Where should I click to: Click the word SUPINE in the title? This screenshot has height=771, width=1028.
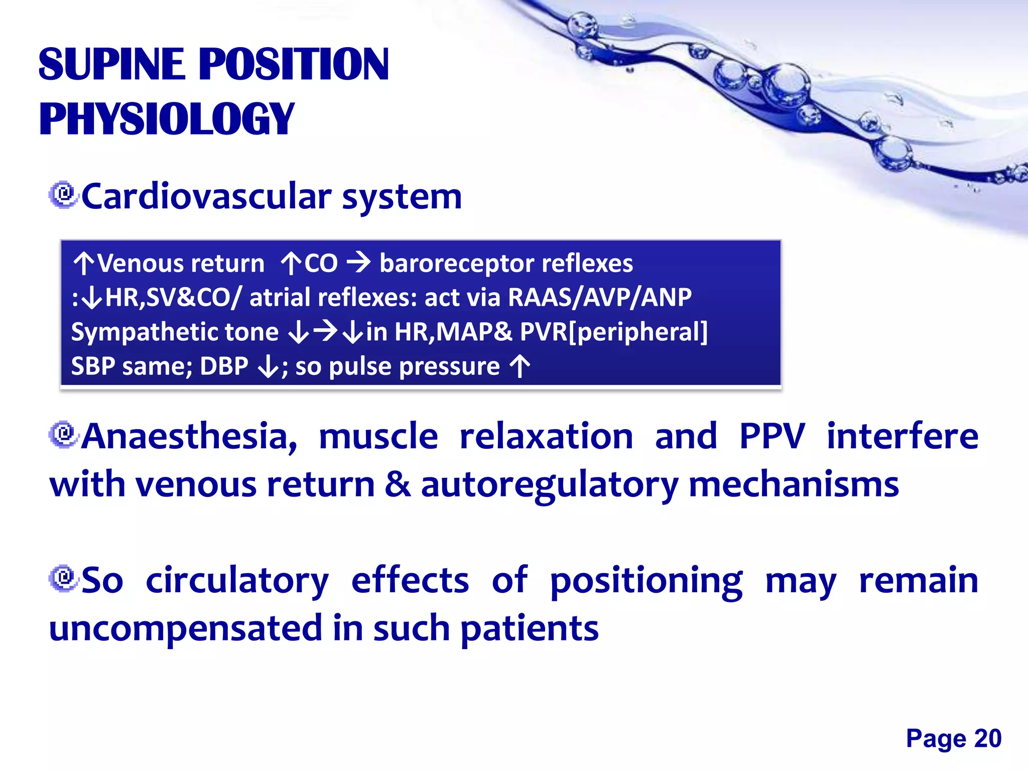tap(111, 64)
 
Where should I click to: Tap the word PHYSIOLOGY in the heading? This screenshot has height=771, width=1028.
tap(167, 119)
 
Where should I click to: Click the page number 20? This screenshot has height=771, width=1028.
tap(987, 738)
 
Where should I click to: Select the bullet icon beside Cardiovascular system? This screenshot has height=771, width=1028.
tap(64, 195)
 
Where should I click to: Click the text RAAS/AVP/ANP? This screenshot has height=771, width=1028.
tap(600, 297)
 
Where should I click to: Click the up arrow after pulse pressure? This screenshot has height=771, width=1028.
tap(520, 366)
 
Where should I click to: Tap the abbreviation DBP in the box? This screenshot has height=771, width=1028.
tap(224, 366)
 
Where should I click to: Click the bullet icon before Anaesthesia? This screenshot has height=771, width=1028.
tap(64, 435)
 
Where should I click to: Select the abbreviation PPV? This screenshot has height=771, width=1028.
tap(772, 436)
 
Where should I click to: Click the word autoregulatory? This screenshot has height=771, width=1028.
tap(549, 485)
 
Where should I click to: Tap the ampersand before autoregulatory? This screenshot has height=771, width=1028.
tap(398, 485)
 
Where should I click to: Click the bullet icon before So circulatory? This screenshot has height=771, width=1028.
tap(64, 579)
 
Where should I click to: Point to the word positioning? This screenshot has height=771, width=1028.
tap(646, 581)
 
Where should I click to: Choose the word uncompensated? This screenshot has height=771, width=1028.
tap(185, 629)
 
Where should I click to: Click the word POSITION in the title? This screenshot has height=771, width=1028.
tap(294, 64)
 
